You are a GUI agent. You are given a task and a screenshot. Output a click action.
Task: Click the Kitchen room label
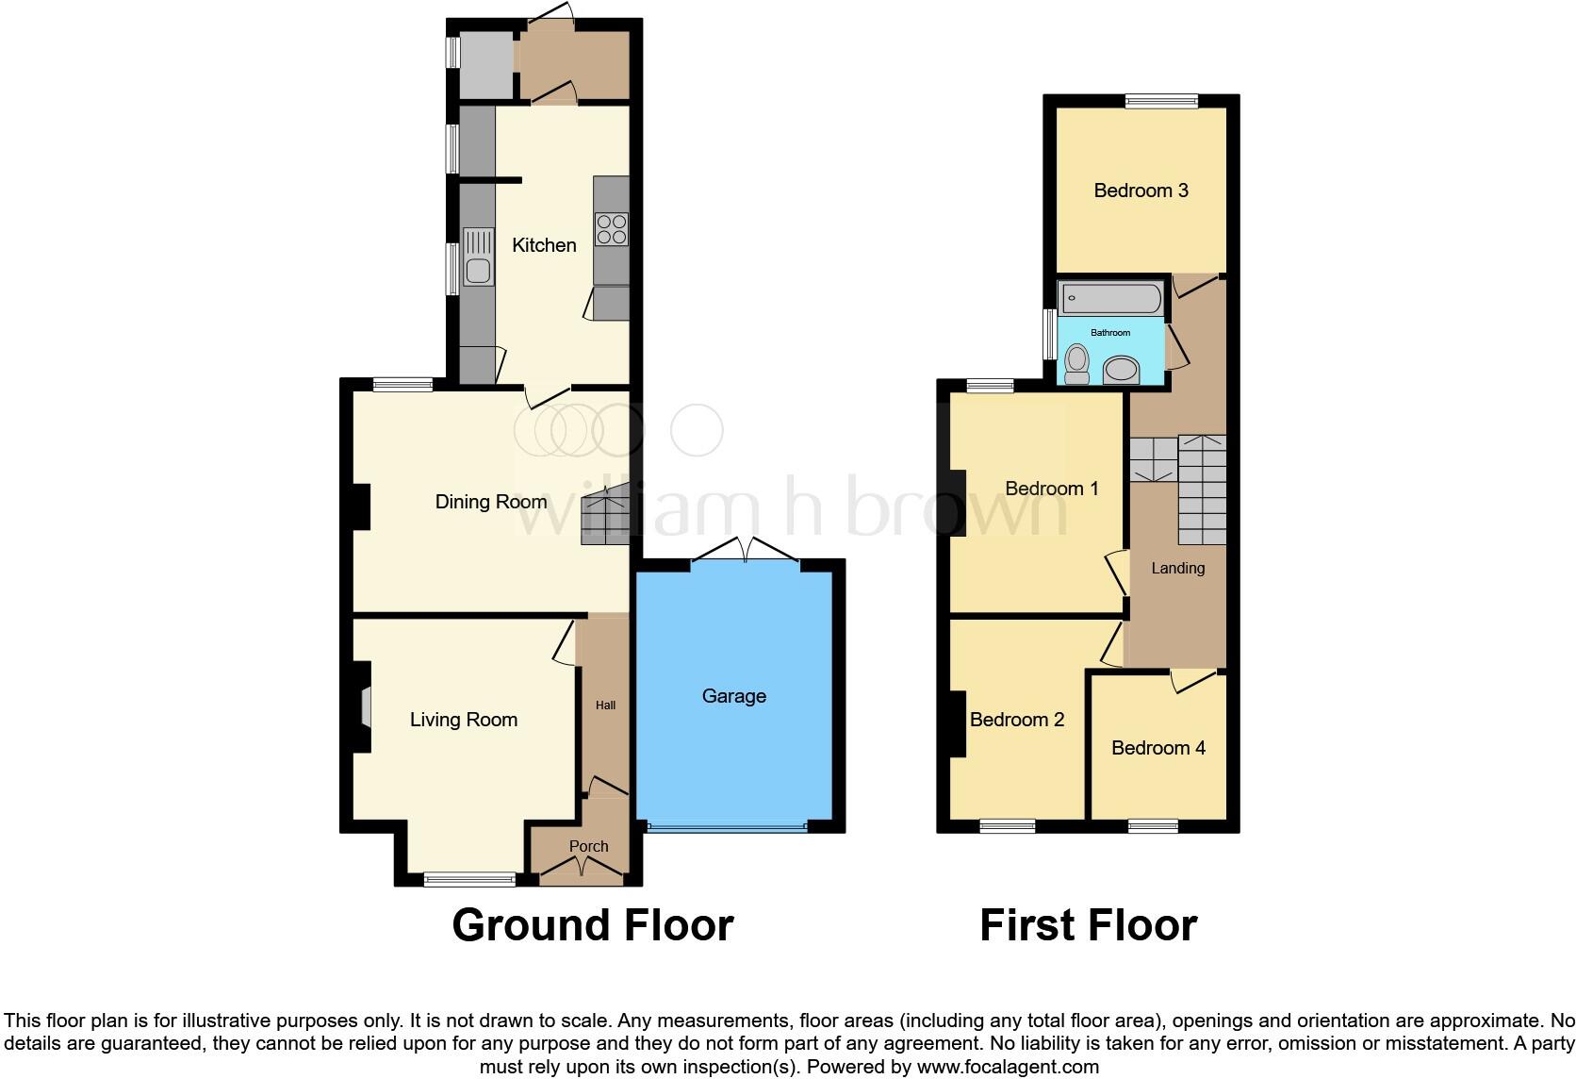click(544, 245)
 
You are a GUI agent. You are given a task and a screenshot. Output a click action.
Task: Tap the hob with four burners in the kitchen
click(612, 229)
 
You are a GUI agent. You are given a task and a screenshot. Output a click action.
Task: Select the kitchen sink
click(478, 257)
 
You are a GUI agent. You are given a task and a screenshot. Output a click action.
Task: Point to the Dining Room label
click(490, 502)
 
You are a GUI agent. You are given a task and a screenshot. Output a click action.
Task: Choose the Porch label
click(588, 846)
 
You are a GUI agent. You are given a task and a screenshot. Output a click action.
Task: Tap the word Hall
click(605, 705)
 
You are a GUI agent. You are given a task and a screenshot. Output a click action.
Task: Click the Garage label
click(733, 696)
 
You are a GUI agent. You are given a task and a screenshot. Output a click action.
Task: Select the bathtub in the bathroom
click(1111, 299)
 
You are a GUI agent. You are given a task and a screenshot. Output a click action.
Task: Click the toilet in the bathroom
click(1076, 363)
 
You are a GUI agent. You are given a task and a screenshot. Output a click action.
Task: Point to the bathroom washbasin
click(1121, 369)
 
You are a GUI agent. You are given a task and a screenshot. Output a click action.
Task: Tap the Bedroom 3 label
click(1141, 191)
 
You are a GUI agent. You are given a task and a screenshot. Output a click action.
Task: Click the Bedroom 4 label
click(1157, 748)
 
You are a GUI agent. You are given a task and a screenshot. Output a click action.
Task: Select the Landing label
click(1177, 568)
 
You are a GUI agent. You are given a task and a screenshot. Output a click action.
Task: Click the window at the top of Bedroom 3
click(1161, 101)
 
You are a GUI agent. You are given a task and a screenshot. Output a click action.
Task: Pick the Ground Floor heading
click(592, 925)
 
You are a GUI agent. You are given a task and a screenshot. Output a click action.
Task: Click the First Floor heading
click(1088, 925)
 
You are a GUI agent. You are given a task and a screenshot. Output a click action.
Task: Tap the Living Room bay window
click(469, 879)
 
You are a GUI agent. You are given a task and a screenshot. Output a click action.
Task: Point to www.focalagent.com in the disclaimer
click(1007, 1068)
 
